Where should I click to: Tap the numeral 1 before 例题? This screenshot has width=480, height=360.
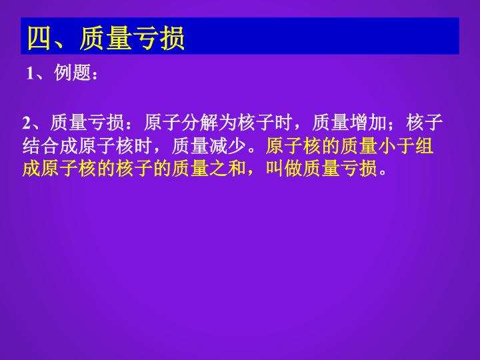(30, 73)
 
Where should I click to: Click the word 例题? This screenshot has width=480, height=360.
(72, 73)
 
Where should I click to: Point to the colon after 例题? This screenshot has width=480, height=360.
(95, 75)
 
